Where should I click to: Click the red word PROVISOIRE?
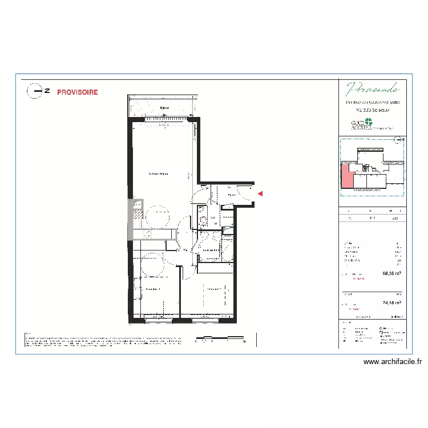tap(77, 92)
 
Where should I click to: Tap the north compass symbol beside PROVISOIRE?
tap(38, 90)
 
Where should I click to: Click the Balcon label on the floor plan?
tap(164, 108)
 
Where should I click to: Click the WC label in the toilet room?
tap(212, 218)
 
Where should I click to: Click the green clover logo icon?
tap(368, 122)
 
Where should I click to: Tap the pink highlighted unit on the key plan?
tap(346, 176)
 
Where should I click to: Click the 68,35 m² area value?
tap(391, 273)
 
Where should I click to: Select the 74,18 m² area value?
tap(391, 304)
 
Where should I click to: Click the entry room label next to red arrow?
tap(232, 195)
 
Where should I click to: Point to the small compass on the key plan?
tap(401, 139)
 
